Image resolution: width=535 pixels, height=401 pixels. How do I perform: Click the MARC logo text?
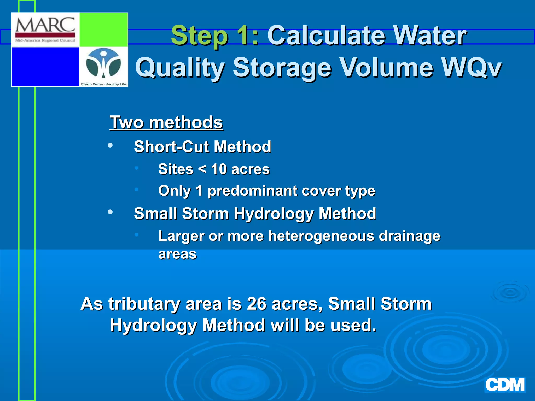45,25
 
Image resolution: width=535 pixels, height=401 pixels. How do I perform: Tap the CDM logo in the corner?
505,385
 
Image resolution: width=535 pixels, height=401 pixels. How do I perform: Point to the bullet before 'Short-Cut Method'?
110,145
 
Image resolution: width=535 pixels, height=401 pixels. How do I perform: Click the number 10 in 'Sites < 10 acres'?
219,169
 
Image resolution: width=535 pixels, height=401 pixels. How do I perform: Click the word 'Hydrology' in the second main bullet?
274,214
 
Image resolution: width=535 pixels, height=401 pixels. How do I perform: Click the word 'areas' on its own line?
177,254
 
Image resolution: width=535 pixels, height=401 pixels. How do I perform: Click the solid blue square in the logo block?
45,67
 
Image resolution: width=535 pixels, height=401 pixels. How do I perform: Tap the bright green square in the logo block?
104,30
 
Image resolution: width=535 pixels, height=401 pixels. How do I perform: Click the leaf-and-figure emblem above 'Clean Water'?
104,64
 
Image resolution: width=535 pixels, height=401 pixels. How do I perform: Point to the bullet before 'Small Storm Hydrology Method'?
110,212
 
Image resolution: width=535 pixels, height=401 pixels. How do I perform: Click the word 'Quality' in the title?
180,68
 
